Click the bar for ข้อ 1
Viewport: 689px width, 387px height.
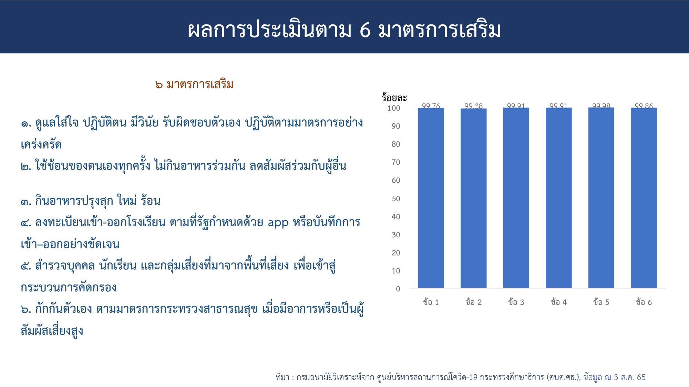(x=431, y=198)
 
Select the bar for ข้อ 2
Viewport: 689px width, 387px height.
(x=474, y=198)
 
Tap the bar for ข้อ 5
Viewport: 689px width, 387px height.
(x=601, y=198)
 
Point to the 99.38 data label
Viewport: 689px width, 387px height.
(x=474, y=106)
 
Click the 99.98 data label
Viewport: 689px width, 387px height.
(x=601, y=106)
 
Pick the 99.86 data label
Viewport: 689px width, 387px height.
(x=644, y=106)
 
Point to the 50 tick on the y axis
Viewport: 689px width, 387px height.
(x=396, y=198)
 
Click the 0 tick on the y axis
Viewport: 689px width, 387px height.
(x=398, y=289)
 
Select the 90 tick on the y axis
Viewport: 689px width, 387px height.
(x=396, y=126)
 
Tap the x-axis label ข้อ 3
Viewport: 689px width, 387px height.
(x=516, y=302)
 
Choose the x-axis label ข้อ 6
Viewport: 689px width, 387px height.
(x=644, y=302)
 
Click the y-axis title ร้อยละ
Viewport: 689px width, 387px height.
(x=394, y=97)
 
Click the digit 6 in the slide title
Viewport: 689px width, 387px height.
(x=365, y=30)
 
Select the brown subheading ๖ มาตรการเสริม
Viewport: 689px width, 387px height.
(x=194, y=84)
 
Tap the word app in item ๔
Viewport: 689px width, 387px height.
(x=278, y=223)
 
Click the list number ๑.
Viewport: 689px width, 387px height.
(x=26, y=123)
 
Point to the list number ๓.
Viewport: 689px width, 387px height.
(x=26, y=201)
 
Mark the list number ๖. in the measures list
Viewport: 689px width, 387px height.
(x=26, y=309)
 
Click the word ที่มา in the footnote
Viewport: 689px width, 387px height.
(x=282, y=377)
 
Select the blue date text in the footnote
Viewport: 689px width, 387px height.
(x=615, y=377)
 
